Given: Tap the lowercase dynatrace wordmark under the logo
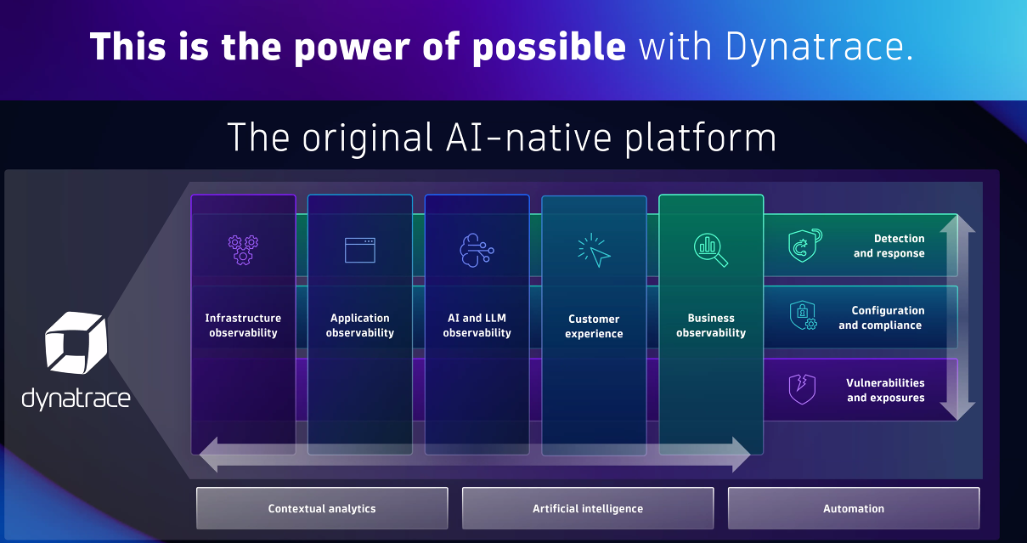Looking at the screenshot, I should [76, 398].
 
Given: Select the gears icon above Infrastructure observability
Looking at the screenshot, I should [243, 248].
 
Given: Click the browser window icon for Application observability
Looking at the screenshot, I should [359, 250].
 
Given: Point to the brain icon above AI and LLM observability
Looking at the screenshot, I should [476, 250].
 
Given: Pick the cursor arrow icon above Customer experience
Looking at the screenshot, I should [594, 251].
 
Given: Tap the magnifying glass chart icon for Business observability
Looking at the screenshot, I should [711, 249].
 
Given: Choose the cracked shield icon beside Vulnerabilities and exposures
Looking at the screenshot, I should [802, 389].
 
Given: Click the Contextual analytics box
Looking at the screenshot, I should [322, 508].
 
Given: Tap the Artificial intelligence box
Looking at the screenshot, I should [588, 508].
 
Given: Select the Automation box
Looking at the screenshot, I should [854, 508].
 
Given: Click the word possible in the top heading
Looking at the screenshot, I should [548, 47].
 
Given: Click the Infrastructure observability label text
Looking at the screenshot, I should [243, 325].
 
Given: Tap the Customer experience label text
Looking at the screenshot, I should [594, 326].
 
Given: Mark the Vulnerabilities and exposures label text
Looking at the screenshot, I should [885, 390].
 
